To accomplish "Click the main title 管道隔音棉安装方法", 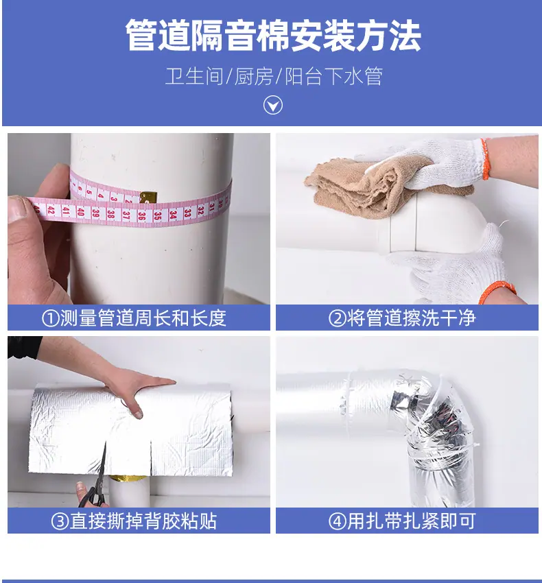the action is click(x=273, y=36).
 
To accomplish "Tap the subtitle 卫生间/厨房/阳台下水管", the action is click(x=274, y=76).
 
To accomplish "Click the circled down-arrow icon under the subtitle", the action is click(x=273, y=105).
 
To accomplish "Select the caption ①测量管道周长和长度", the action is click(x=134, y=318).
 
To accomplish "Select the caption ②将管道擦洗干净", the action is click(x=402, y=318).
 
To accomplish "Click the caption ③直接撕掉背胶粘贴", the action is click(x=134, y=521).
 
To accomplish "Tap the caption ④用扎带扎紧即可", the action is click(x=402, y=521).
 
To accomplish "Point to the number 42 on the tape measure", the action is click(x=51, y=211).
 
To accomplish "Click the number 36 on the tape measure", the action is click(x=142, y=215).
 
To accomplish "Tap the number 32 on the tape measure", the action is click(x=201, y=211).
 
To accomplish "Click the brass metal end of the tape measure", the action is click(x=148, y=197).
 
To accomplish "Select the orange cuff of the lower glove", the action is click(x=497, y=292).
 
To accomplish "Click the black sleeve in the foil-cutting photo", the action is click(x=25, y=348).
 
